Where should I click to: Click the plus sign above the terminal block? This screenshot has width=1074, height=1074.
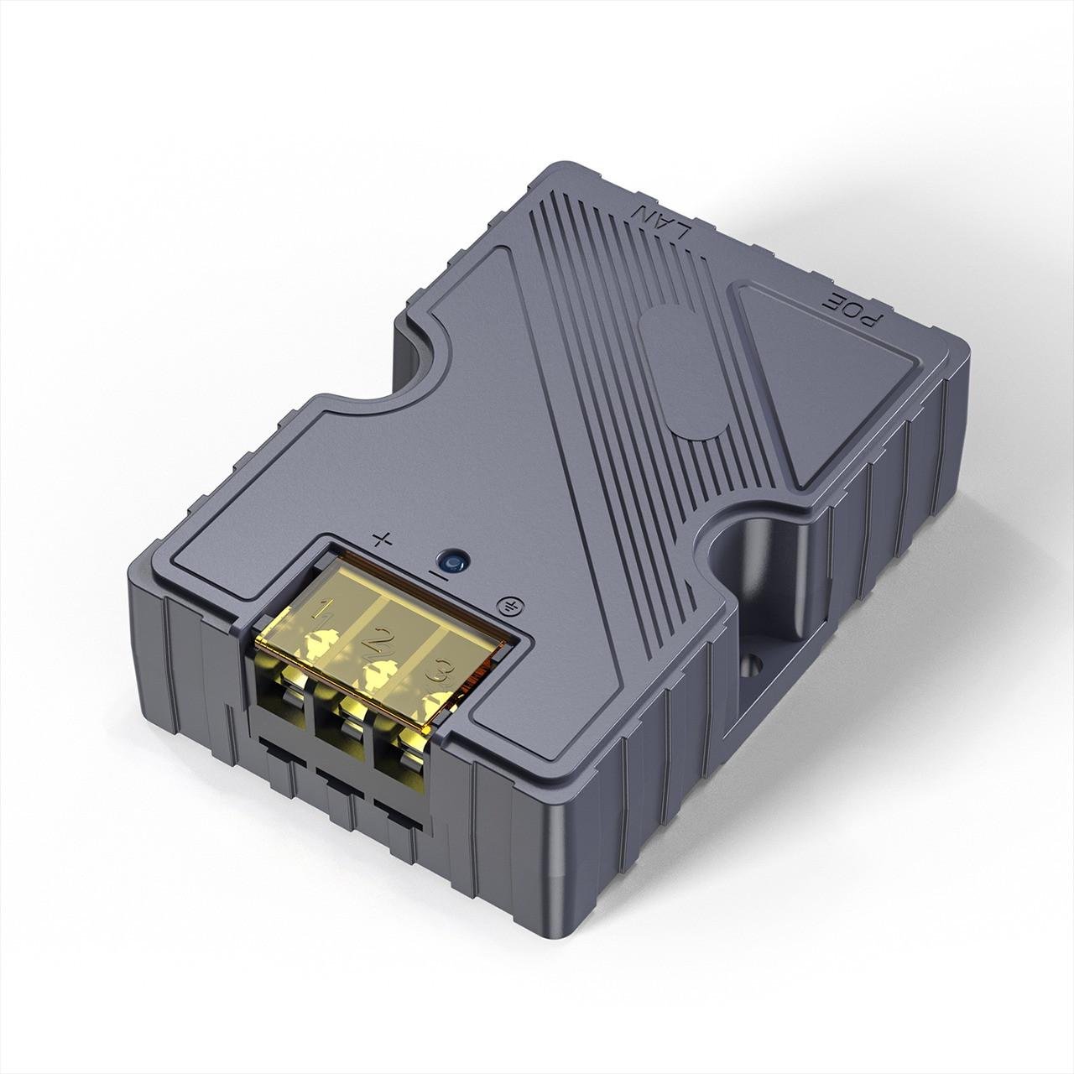click(x=382, y=538)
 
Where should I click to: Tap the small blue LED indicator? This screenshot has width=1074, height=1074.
click(x=453, y=560)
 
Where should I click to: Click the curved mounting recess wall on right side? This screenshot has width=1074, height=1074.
click(x=759, y=579)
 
